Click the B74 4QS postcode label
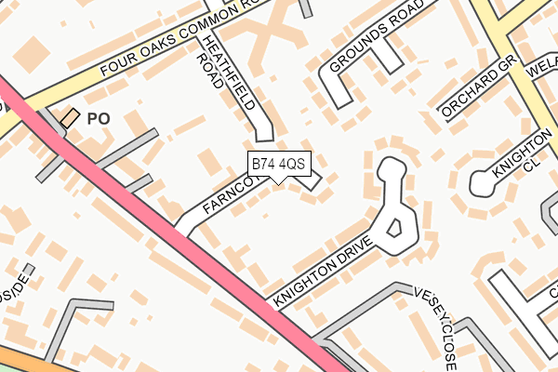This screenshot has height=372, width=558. click(278, 164)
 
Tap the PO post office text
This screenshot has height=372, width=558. click(98, 119)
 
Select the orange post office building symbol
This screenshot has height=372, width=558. click(71, 117)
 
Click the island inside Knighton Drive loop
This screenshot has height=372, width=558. click(394, 227)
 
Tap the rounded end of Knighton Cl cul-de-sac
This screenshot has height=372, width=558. click(481, 184)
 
